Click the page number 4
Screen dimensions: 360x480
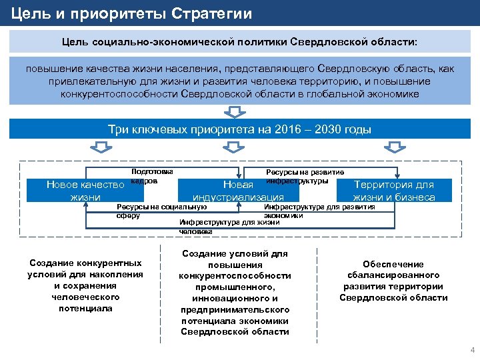click(x=472, y=350)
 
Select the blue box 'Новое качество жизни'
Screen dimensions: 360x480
click(x=85, y=191)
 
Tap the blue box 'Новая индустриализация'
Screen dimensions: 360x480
click(x=238, y=191)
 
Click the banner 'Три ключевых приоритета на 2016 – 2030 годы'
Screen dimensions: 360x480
click(x=239, y=129)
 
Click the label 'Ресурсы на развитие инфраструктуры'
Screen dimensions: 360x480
click(x=305, y=176)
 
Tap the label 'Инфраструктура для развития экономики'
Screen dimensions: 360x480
click(x=319, y=211)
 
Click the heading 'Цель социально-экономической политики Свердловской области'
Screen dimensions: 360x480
click(x=239, y=42)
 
